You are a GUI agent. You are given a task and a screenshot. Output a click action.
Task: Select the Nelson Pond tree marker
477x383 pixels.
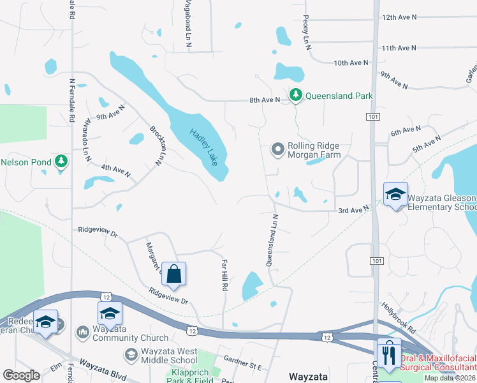click(61, 161)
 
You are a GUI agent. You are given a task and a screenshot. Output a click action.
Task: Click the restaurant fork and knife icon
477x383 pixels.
click(389, 354)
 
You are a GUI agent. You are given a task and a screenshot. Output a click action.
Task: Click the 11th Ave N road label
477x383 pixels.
click(399, 48)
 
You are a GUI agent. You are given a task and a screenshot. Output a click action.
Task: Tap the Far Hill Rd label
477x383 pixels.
click(224, 275)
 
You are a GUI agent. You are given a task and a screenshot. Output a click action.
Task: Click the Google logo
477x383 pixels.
click(22, 375)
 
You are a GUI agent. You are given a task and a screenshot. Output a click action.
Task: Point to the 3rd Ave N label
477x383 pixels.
click(354, 209)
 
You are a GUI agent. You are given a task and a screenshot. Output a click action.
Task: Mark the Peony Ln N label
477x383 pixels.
click(307, 33)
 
